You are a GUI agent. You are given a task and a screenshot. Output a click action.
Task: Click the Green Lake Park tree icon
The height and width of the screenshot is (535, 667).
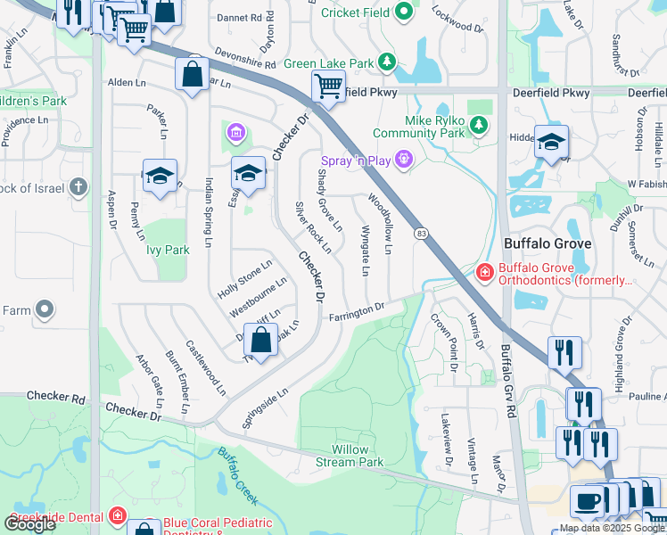pos(387,62)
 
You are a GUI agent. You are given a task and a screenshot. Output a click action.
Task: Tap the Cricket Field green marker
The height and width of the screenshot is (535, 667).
pos(404,12)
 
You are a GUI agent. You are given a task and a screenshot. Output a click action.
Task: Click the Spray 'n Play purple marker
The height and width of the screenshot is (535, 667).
pos(404,160)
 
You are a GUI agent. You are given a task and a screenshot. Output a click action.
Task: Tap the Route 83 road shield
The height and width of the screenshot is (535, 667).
pos(421,233)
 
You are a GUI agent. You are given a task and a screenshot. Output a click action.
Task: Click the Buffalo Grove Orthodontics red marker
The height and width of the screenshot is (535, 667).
pos(484,272)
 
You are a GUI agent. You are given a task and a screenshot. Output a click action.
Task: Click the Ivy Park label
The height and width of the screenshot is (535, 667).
pos(168,251)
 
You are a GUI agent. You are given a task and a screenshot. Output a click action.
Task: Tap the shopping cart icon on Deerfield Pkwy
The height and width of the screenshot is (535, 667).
pos(328,87)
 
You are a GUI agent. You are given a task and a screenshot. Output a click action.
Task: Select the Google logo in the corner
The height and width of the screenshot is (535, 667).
pos(29,523)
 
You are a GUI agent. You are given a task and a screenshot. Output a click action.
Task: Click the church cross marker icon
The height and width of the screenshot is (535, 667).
pos(79,187)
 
